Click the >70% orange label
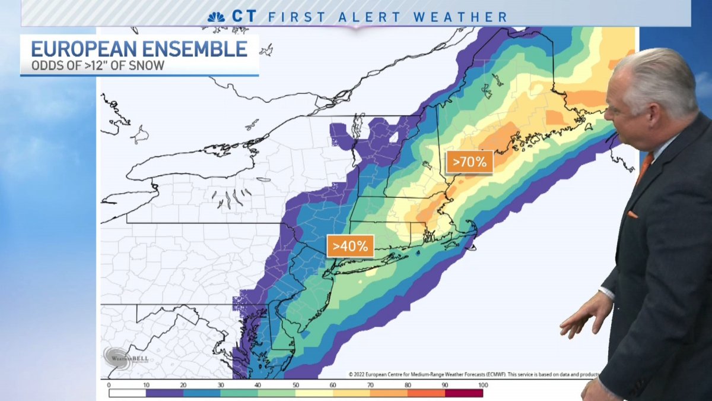coord(469,161)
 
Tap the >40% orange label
coord(350,245)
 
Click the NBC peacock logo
coord(216,17)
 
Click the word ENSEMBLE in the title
coord(201,49)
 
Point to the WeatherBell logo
coord(125,358)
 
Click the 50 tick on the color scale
coord(296,386)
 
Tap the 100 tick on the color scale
coord(482,386)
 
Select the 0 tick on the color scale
coord(109,386)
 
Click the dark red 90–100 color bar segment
coord(464,392)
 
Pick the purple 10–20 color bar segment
coord(164,392)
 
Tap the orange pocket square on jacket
coord(632,214)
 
